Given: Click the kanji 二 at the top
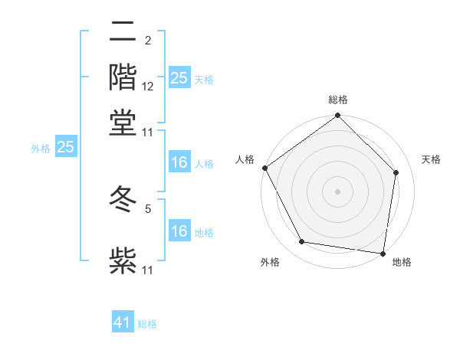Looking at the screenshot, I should pyautogui.click(x=123, y=32).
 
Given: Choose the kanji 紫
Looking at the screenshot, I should pyautogui.click(x=123, y=259).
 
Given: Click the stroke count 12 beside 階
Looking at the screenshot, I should pyautogui.click(x=148, y=87).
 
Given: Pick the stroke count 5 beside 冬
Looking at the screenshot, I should pyautogui.click(x=148, y=206).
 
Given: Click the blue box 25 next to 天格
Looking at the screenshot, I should pyautogui.click(x=179, y=78).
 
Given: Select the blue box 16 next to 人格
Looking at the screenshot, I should pyautogui.click(x=179, y=162).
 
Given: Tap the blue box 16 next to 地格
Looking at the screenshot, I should pyautogui.click(x=179, y=231).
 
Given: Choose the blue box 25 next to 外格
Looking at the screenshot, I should pyautogui.click(x=65, y=147).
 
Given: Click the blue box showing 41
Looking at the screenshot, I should pyautogui.click(x=123, y=322).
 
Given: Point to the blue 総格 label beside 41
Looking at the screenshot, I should pyautogui.click(x=147, y=324).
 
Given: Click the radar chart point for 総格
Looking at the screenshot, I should pyautogui.click(x=337, y=116).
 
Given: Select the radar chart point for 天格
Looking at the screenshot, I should pyautogui.click(x=396, y=172).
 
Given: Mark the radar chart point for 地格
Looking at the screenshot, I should pyautogui.click(x=383, y=252).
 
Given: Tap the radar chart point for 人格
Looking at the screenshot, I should pyautogui.click(x=264, y=168).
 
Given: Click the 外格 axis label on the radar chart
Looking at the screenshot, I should pyautogui.click(x=270, y=262).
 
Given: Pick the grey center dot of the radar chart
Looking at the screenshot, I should pyautogui.click(x=337, y=191).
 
